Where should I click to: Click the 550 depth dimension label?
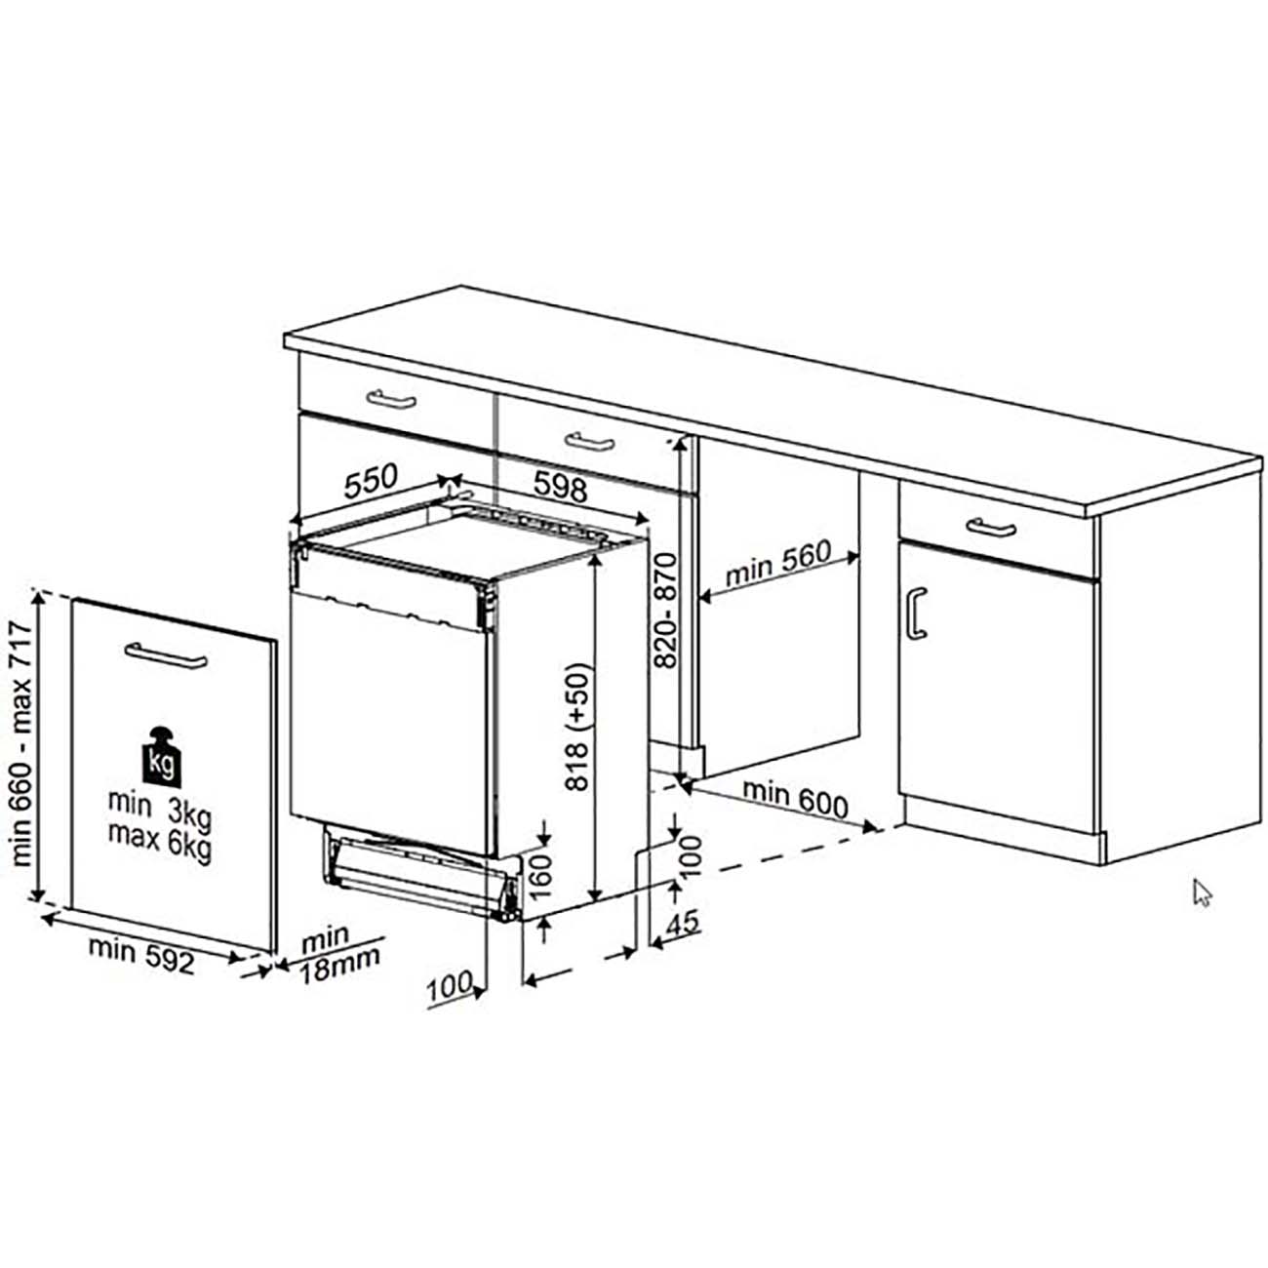(371, 482)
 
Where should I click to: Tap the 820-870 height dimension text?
(666, 610)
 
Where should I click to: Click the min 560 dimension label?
(778, 563)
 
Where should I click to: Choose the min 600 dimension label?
(796, 800)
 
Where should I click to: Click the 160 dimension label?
(540, 877)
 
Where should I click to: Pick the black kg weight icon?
(161, 756)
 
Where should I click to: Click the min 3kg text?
(160, 807)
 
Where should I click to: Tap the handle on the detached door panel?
(166, 654)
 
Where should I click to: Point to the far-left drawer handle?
(391, 399)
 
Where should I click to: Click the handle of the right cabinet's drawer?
(991, 527)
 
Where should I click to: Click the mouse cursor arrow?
(1203, 893)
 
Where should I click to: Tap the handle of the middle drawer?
(589, 442)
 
